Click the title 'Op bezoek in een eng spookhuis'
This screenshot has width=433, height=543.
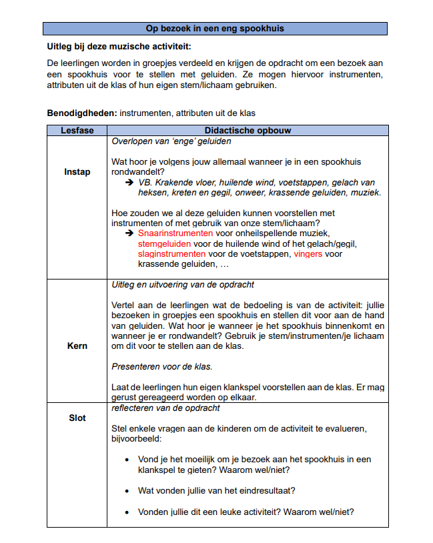(215, 29)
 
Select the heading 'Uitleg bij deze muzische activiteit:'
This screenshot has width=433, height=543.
(119, 47)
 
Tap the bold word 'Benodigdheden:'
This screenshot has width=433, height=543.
(82, 113)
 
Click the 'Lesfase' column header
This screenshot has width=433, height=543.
(77, 131)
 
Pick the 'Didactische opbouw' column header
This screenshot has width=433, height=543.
(248, 131)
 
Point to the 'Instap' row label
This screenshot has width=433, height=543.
(77, 172)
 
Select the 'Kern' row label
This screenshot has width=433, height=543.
(77, 346)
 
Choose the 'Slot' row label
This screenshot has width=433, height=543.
(77, 418)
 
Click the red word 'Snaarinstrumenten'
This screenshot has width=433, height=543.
(175, 233)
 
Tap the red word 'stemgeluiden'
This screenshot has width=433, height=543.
(163, 244)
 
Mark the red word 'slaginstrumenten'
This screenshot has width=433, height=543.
(171, 254)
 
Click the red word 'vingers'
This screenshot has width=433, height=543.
(308, 254)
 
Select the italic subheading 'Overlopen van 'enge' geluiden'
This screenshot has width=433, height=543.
(171, 141)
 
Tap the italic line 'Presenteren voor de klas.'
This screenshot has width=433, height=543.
(162, 366)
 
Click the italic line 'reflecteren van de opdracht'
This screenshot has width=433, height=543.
(165, 408)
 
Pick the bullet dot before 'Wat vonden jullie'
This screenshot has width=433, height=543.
(127, 491)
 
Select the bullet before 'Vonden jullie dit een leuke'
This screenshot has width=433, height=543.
(127, 512)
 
